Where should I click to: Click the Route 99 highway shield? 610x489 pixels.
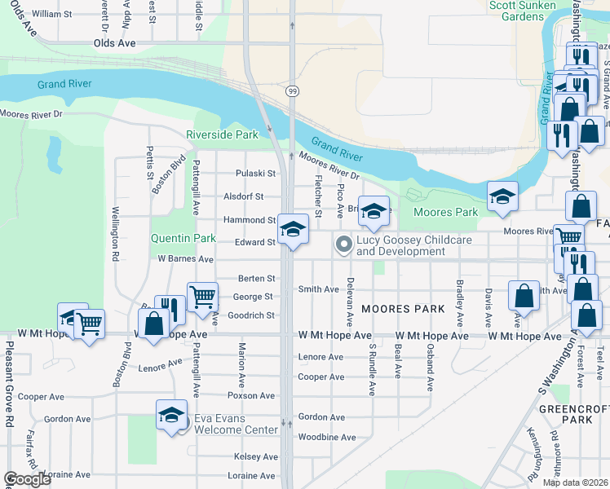pyautogui.click(x=291, y=90)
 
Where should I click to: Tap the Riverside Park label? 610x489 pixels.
pyautogui.click(x=222, y=134)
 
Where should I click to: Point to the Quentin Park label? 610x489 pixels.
pyautogui.click(x=183, y=239)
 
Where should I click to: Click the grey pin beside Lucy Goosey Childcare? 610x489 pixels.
pyautogui.click(x=344, y=244)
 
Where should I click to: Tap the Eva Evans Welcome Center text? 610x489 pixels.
pyautogui.click(x=236, y=425)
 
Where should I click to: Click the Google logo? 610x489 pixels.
pyautogui.click(x=27, y=479)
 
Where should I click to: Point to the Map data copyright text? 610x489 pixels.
pyautogui.click(x=575, y=482)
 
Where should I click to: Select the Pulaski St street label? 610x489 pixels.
pyautogui.click(x=255, y=173)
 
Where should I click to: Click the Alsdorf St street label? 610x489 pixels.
pyautogui.click(x=244, y=196)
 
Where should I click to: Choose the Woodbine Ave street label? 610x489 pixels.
pyautogui.click(x=327, y=437)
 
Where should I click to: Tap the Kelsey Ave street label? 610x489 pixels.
pyautogui.click(x=256, y=456)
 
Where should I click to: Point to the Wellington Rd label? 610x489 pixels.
pyautogui.click(x=116, y=233)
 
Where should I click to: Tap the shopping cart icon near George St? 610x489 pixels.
pyautogui.click(x=202, y=296)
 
